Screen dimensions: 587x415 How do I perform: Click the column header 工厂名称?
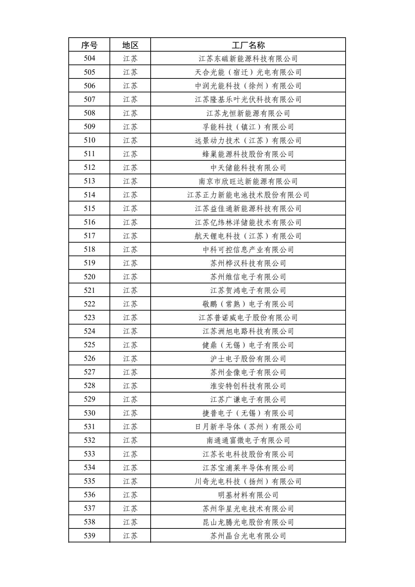[x=248, y=45]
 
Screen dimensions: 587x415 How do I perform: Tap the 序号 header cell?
[x=89, y=45]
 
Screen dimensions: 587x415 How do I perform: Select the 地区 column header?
[x=130, y=45]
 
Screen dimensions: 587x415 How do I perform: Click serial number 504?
[x=89, y=59]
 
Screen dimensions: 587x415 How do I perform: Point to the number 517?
[x=89, y=236]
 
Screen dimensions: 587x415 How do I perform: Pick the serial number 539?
[x=89, y=536]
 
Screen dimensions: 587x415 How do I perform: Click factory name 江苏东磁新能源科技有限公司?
[x=248, y=59]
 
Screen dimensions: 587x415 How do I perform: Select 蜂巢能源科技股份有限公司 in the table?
[x=248, y=154]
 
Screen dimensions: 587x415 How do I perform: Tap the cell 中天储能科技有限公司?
[x=248, y=168]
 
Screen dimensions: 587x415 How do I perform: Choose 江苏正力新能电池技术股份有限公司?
[x=248, y=195]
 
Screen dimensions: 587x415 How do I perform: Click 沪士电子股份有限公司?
[x=248, y=359]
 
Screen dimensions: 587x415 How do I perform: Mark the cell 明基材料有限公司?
[x=248, y=495]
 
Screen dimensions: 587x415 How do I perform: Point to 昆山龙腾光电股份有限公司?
[x=248, y=522]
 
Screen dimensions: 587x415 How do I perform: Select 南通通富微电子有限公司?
[x=248, y=440]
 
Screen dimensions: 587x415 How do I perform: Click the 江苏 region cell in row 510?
[x=130, y=140]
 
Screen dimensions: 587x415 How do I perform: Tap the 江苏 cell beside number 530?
[x=130, y=413]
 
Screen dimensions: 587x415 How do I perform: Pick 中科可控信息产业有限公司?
[x=248, y=250]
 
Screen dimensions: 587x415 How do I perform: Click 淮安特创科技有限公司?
[x=248, y=386]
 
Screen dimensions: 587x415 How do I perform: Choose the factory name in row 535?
[x=248, y=481]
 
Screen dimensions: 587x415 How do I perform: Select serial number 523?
[x=89, y=318]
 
